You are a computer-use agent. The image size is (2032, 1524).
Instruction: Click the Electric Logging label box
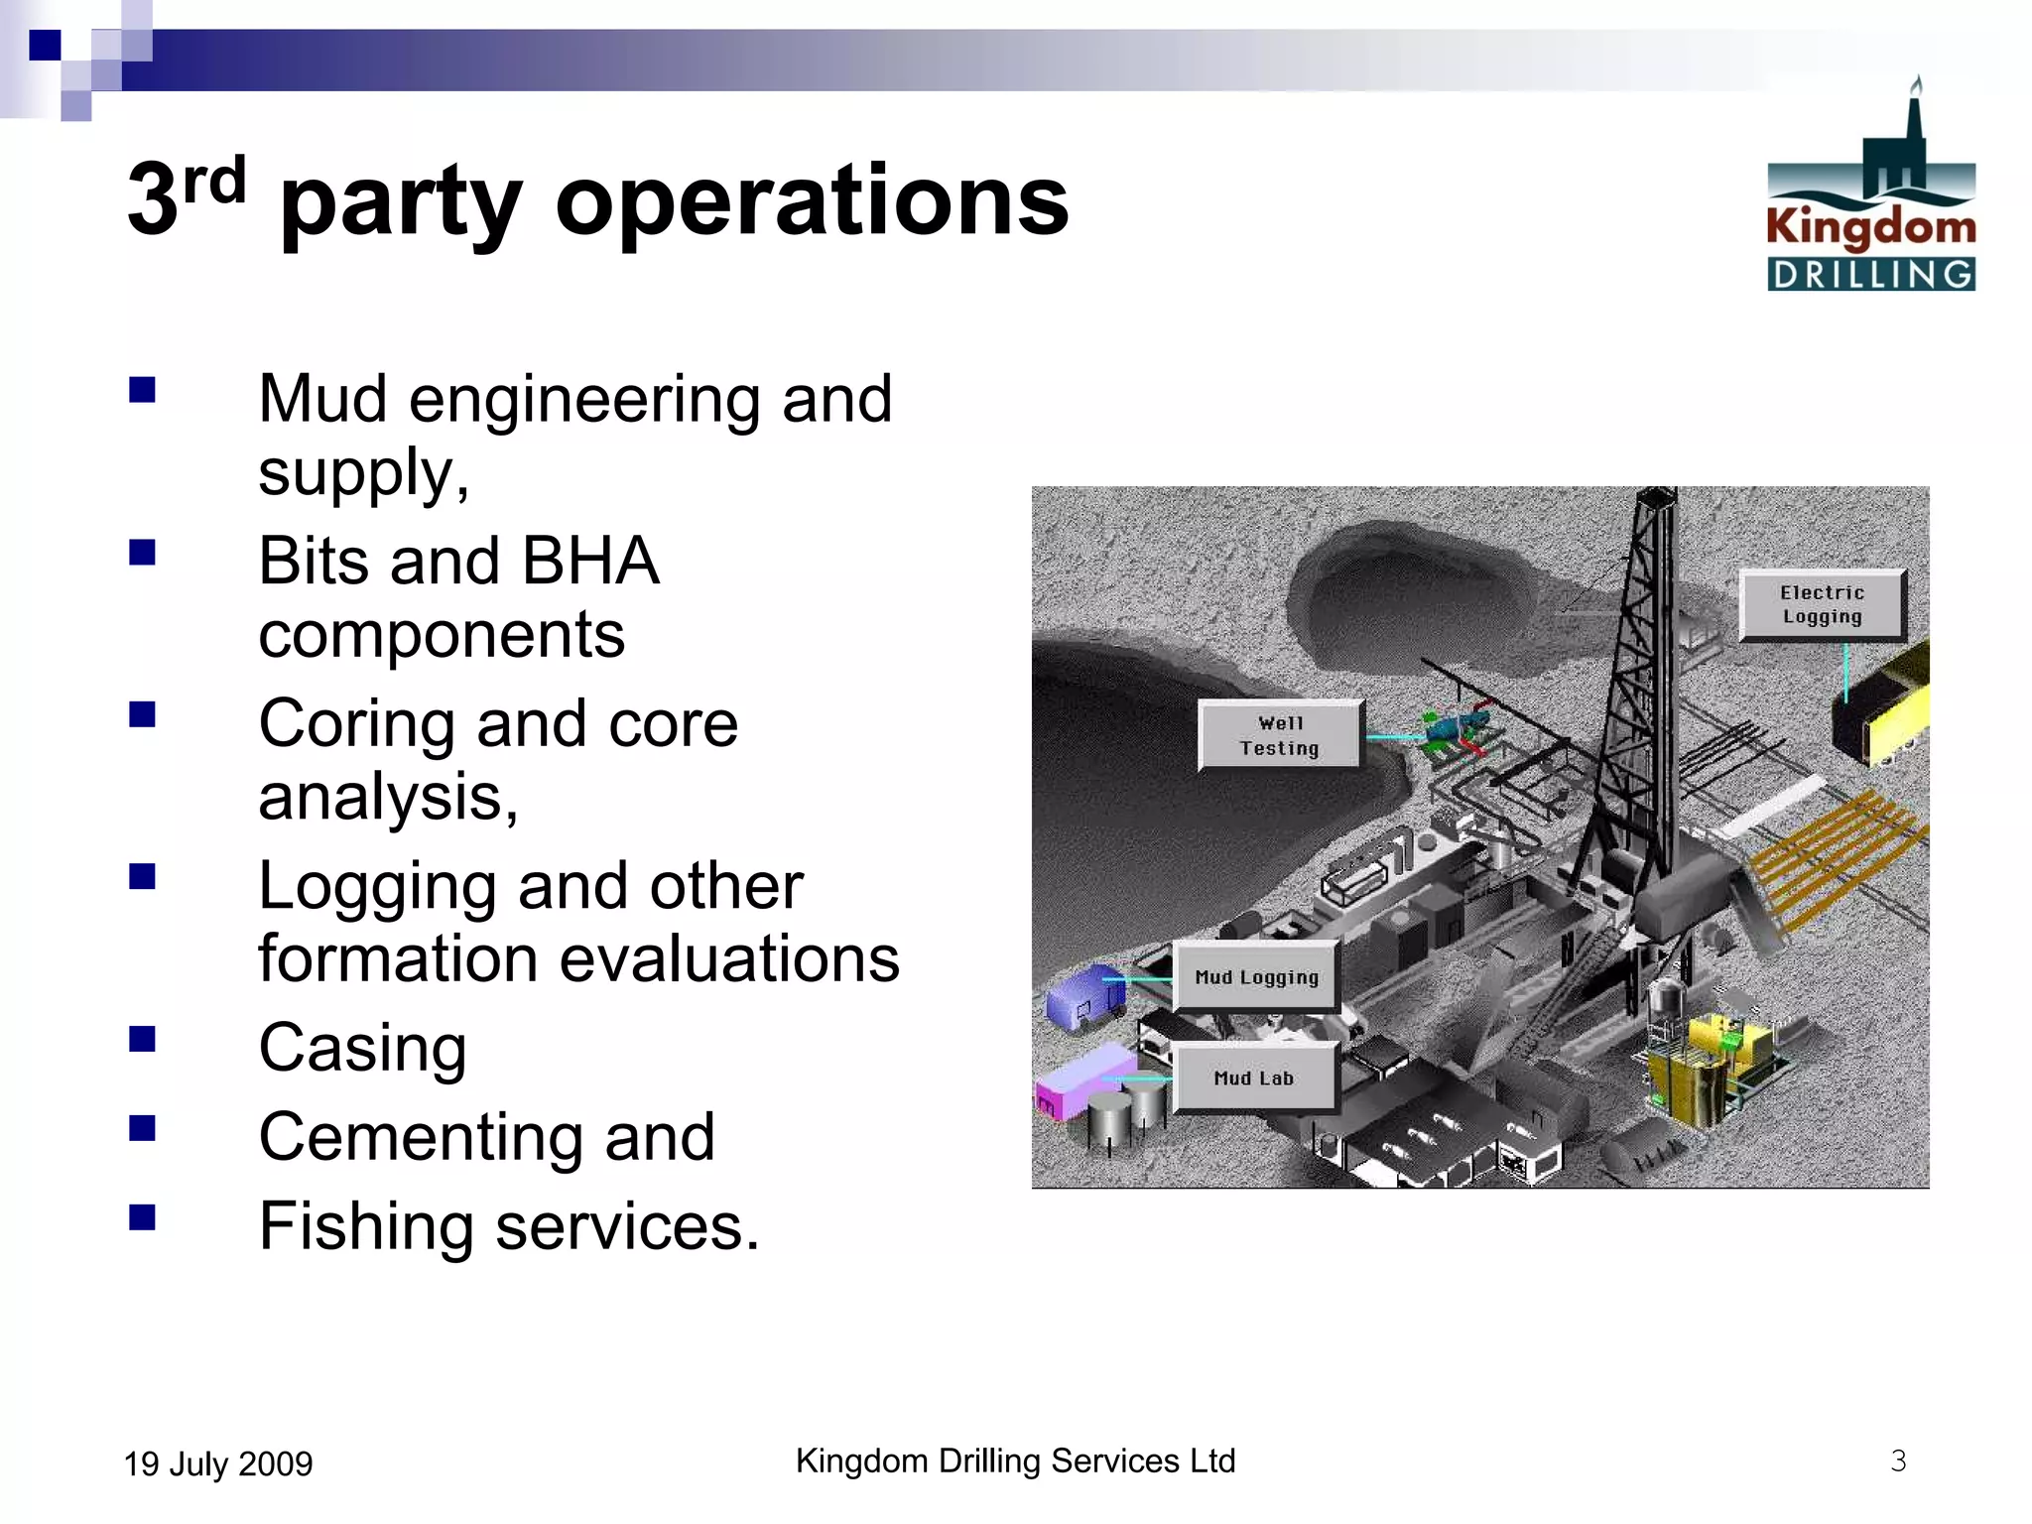coord(1822,604)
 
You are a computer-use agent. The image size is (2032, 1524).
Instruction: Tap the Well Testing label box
coord(1280,735)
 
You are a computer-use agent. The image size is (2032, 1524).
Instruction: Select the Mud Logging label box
coord(1256,977)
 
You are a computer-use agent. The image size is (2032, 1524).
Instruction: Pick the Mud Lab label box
coord(1254,1078)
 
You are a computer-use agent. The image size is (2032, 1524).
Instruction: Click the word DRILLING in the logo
coord(1870,275)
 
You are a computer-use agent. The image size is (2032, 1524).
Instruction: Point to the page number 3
coord(1897,1460)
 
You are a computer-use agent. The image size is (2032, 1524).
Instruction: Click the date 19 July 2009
coord(218,1463)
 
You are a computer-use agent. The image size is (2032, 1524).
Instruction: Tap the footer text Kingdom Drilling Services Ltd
coord(1015,1460)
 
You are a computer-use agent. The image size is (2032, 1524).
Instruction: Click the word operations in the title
coord(812,201)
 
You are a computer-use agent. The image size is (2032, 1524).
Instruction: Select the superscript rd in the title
coord(214,181)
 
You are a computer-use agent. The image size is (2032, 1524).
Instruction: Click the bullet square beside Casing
coord(143,1038)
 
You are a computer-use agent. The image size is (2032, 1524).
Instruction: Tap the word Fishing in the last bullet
coord(366,1226)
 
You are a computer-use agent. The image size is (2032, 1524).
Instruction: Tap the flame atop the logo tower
coord(1917,84)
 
